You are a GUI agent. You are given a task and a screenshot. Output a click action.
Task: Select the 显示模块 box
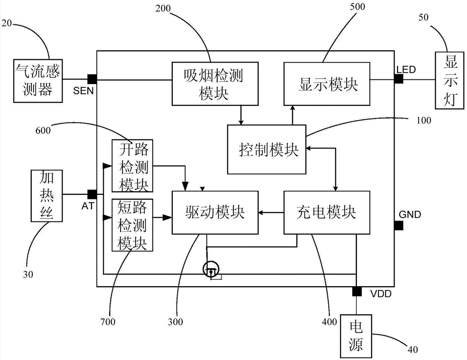[327, 84]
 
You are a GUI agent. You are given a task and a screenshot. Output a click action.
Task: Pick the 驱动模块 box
[215, 212]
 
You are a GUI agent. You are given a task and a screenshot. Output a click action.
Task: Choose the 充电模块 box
[327, 212]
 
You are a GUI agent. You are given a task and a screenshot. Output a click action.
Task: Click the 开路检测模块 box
[133, 166]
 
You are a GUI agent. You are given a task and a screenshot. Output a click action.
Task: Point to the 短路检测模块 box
[133, 225]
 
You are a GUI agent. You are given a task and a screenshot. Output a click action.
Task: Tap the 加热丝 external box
[46, 195]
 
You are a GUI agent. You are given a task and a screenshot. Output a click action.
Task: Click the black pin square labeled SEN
[92, 78]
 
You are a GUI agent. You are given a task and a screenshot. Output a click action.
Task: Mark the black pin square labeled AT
[92, 194]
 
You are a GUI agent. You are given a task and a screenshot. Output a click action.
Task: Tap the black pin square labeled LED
[398, 79]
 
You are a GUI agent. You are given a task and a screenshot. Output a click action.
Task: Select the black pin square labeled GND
[398, 226]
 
